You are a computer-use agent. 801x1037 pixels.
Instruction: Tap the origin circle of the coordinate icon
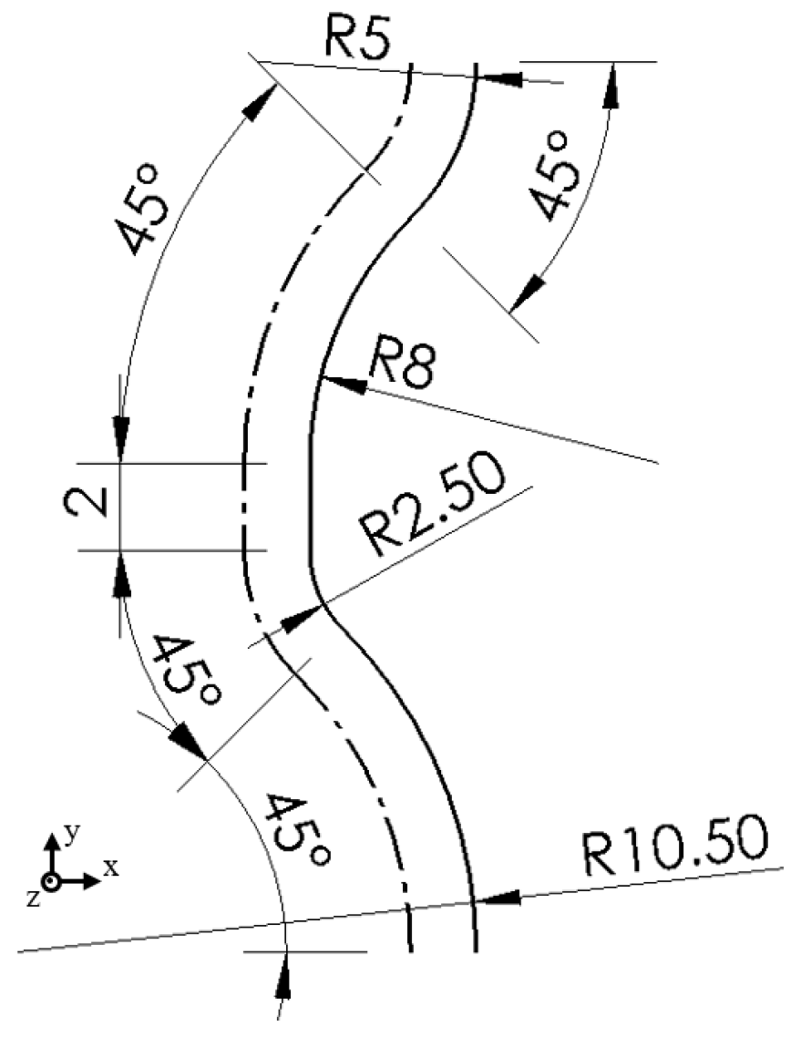pyautogui.click(x=53, y=882)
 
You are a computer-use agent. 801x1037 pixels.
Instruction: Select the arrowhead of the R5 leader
pyautogui.click(x=497, y=78)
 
